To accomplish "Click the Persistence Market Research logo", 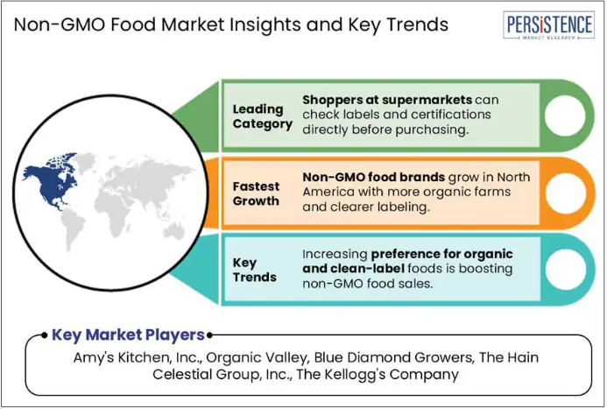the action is click(548, 25).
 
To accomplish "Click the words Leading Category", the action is click(262, 116).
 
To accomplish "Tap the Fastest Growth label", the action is click(256, 194).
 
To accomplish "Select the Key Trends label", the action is click(254, 270).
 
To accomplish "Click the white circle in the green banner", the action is click(565, 116).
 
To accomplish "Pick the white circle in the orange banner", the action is click(566, 193).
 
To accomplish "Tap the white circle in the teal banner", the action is click(566, 270).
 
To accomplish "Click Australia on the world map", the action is click(173, 232).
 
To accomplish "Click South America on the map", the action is click(73, 229).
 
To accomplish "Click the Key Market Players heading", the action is click(128, 335).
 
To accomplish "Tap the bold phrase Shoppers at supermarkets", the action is click(387, 100).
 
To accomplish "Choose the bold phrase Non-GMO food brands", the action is click(373, 177).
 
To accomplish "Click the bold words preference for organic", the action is click(441, 254).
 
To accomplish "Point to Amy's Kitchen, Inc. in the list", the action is click(138, 357).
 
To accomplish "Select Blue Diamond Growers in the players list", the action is click(393, 357).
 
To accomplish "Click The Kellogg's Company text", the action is click(378, 375).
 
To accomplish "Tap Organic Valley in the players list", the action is click(258, 357).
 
